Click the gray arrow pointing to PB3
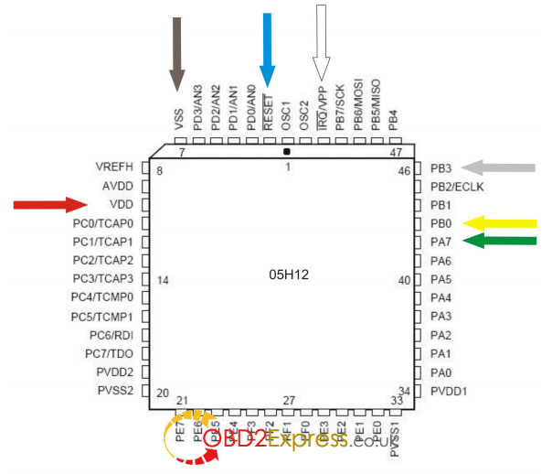(498, 167)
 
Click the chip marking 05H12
(288, 275)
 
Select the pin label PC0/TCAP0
(102, 222)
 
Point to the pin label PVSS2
(113, 390)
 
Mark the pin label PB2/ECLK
(456, 186)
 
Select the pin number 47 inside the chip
(396, 152)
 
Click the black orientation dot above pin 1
(287, 151)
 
